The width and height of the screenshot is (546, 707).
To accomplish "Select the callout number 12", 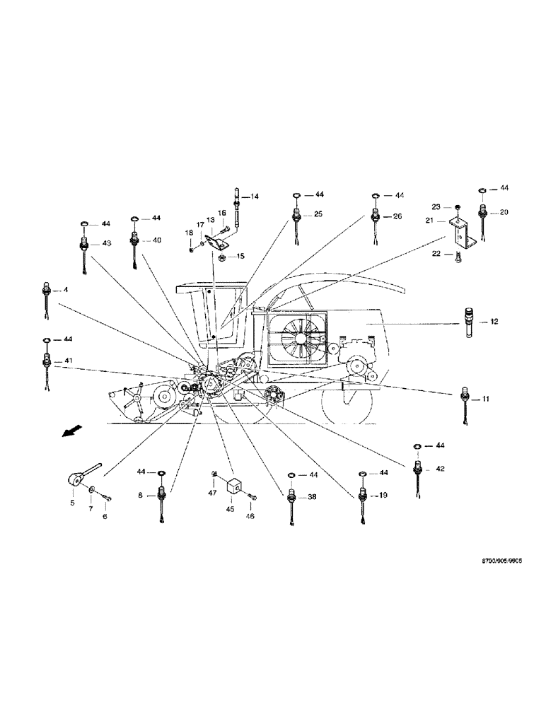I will click(x=494, y=321).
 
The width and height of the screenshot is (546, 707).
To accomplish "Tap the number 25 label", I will click(x=318, y=214).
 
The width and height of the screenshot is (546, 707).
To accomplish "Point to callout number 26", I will click(x=397, y=216).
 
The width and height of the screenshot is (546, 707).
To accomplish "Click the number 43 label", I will click(x=107, y=243).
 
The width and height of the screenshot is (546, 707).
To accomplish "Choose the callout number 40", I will click(x=156, y=240).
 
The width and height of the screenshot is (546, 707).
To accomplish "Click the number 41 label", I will click(x=68, y=361).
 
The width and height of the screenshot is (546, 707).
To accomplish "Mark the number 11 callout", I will click(x=486, y=399).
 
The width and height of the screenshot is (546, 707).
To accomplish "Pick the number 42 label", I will click(x=439, y=468).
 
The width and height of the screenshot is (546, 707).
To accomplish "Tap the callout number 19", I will click(x=383, y=496).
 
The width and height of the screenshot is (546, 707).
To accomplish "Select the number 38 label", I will click(x=311, y=498).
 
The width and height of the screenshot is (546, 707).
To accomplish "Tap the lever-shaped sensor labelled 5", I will click(x=76, y=479).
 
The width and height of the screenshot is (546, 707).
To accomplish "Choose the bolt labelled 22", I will click(x=458, y=257).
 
